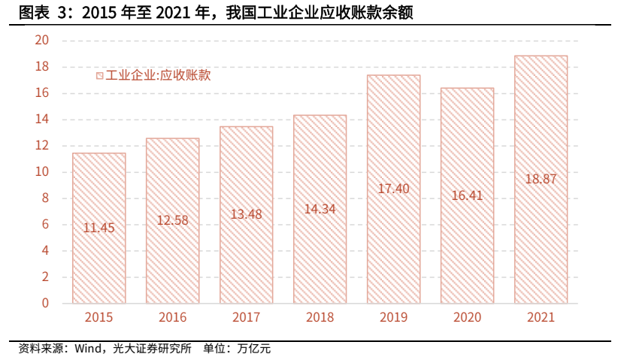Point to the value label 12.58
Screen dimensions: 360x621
172,220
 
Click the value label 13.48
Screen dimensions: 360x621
246,214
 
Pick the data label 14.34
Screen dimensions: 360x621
320,209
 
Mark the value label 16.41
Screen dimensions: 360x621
467,195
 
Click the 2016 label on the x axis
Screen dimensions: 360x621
172,317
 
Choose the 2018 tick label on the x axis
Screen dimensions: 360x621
320,317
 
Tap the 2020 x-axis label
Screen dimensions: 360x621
467,317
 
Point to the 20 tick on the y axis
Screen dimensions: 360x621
41,41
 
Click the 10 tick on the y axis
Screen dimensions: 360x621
41,172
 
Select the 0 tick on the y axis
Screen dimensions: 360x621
45,304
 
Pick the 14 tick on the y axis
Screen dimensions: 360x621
41,119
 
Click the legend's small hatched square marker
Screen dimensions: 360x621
98,75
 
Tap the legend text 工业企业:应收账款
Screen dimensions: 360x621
158,75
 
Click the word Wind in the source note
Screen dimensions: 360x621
89,348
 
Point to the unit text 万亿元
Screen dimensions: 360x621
253,348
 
